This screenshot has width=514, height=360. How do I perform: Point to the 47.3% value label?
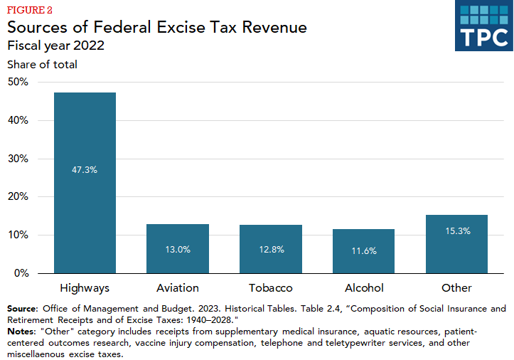coord(85,170)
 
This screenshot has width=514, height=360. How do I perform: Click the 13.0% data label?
coord(178,250)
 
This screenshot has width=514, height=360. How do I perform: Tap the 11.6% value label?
coord(364,251)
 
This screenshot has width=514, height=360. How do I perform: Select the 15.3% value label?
coord(456,231)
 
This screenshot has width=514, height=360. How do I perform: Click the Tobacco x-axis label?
coord(271,288)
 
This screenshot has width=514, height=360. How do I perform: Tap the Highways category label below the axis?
coord(85,288)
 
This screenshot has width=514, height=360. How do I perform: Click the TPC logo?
coord(483,26)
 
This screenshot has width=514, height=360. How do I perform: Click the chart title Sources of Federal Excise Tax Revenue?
coord(157,28)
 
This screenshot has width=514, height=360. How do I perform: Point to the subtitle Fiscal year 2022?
coord(56,46)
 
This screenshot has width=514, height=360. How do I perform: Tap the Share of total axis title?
coord(42,65)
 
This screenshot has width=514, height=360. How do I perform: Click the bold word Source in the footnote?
coord(23,309)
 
